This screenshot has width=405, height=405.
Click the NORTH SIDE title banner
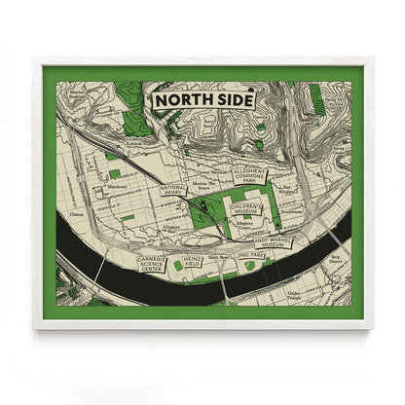point(201,99)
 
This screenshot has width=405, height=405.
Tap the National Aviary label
point(173,191)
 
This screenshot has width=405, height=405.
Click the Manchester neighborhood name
point(91,185)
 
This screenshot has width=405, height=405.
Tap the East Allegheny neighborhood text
point(289,192)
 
